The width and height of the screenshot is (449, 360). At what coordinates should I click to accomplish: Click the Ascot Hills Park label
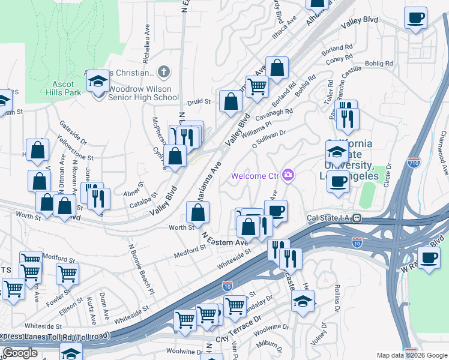tap(63, 88)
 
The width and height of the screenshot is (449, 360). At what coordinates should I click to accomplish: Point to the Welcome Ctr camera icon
tap(289, 175)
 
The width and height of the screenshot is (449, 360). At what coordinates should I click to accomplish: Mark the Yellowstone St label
tap(76, 149)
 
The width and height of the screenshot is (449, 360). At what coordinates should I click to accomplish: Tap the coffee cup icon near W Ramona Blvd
tap(430, 259)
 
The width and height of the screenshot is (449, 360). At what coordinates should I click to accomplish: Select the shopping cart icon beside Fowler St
tap(68, 274)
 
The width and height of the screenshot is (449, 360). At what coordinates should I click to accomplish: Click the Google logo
tap(20, 353)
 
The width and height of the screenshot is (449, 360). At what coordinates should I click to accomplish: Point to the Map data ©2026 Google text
tap(411, 355)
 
